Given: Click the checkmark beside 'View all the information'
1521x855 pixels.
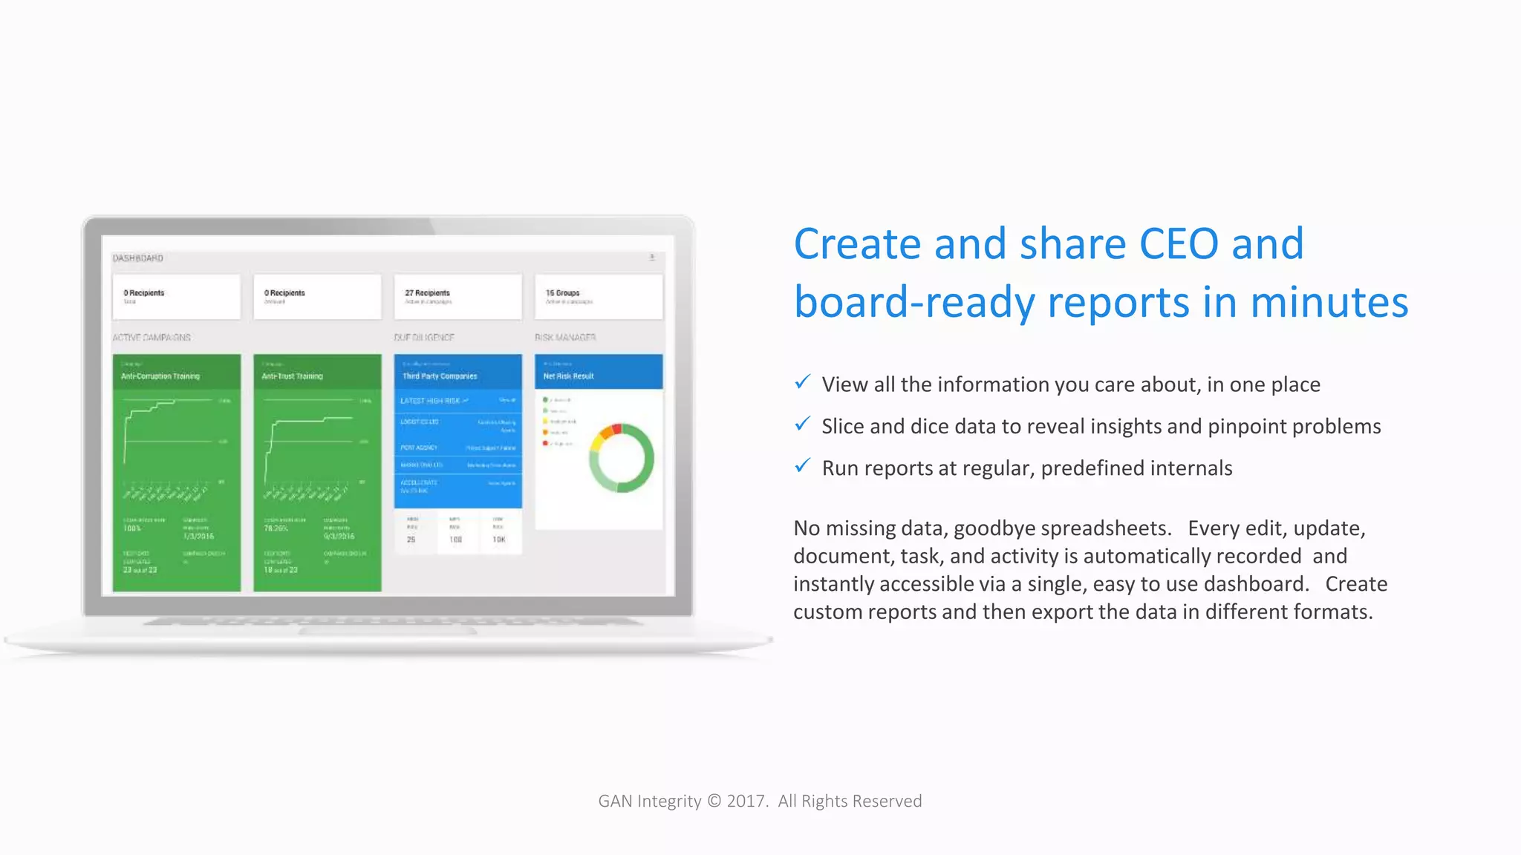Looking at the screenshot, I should coord(802,382).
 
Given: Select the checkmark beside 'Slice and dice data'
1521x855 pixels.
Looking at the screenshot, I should coord(802,424).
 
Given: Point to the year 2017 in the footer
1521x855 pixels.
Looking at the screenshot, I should coord(746,802).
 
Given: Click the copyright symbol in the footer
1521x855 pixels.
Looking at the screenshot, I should coord(714,802).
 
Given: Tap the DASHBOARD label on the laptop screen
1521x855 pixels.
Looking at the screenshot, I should coord(138,258).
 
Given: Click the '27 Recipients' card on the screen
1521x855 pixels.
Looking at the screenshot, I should coord(457,297).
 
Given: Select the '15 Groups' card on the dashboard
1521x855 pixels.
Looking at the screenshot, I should coord(599,297).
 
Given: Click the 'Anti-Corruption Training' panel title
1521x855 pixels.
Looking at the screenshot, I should coord(160,376).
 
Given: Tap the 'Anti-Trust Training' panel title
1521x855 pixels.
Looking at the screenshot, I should coord(293,376).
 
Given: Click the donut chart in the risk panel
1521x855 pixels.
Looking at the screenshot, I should coord(622,459).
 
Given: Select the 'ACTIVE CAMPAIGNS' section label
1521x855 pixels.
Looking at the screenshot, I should coord(152,338).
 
